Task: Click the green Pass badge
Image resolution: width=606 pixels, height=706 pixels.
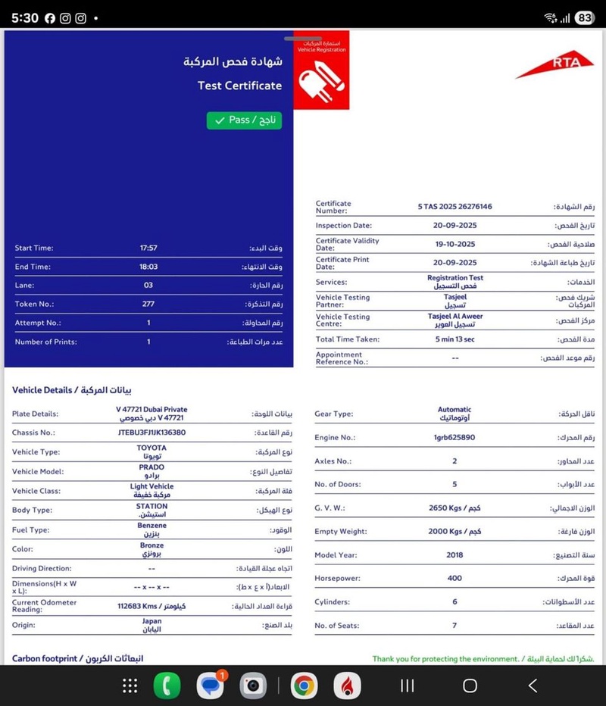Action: (244, 120)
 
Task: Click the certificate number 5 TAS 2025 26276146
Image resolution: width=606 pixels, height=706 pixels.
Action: (454, 206)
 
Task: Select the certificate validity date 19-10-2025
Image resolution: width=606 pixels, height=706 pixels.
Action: (454, 244)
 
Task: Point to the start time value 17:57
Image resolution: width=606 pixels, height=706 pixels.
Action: (148, 248)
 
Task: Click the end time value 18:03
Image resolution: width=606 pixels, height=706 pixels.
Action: (148, 267)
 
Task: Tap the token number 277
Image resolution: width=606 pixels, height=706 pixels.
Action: (148, 304)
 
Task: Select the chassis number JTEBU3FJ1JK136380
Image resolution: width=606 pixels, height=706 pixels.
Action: (151, 433)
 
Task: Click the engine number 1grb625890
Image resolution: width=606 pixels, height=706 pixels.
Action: (454, 437)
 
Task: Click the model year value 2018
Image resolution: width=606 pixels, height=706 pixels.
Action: (454, 555)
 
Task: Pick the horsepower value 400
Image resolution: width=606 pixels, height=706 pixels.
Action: (454, 579)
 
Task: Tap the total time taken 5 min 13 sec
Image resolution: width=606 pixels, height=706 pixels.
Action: (454, 339)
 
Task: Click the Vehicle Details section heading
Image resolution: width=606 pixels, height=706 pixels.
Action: (72, 390)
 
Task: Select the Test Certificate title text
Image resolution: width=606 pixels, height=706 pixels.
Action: (239, 86)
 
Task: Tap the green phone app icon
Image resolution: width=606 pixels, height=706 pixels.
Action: (167, 686)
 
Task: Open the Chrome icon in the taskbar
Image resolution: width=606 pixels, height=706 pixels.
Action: (304, 686)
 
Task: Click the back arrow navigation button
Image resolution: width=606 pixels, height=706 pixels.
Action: (533, 686)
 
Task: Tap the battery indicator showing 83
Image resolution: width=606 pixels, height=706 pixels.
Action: (584, 18)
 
